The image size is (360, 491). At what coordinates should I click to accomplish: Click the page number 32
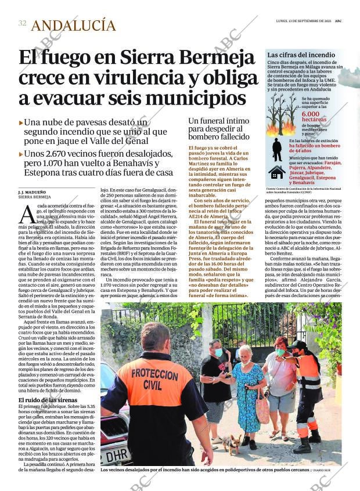click(x=22, y=23)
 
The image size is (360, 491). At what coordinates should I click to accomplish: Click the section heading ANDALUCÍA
click(x=73, y=25)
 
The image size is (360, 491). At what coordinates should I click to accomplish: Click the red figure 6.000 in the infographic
click(x=314, y=114)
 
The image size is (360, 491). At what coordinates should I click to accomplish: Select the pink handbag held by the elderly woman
click(x=262, y=411)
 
